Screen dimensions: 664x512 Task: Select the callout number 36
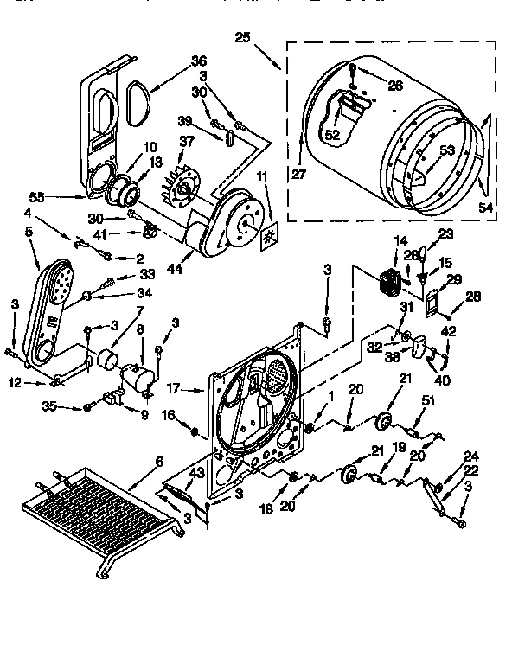pos(200,61)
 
